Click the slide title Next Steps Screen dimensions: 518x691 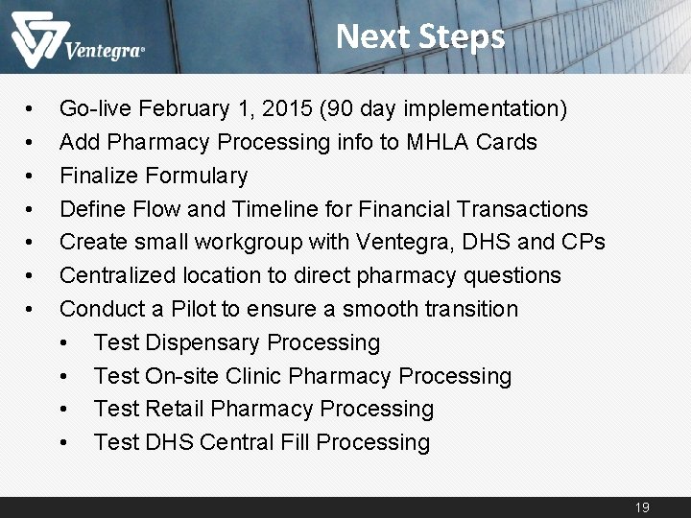(420, 36)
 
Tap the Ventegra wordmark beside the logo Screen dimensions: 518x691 (105, 51)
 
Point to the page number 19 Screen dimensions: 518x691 (642, 506)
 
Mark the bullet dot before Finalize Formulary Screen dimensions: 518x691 (32, 177)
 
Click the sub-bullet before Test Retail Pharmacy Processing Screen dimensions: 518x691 (65, 410)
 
